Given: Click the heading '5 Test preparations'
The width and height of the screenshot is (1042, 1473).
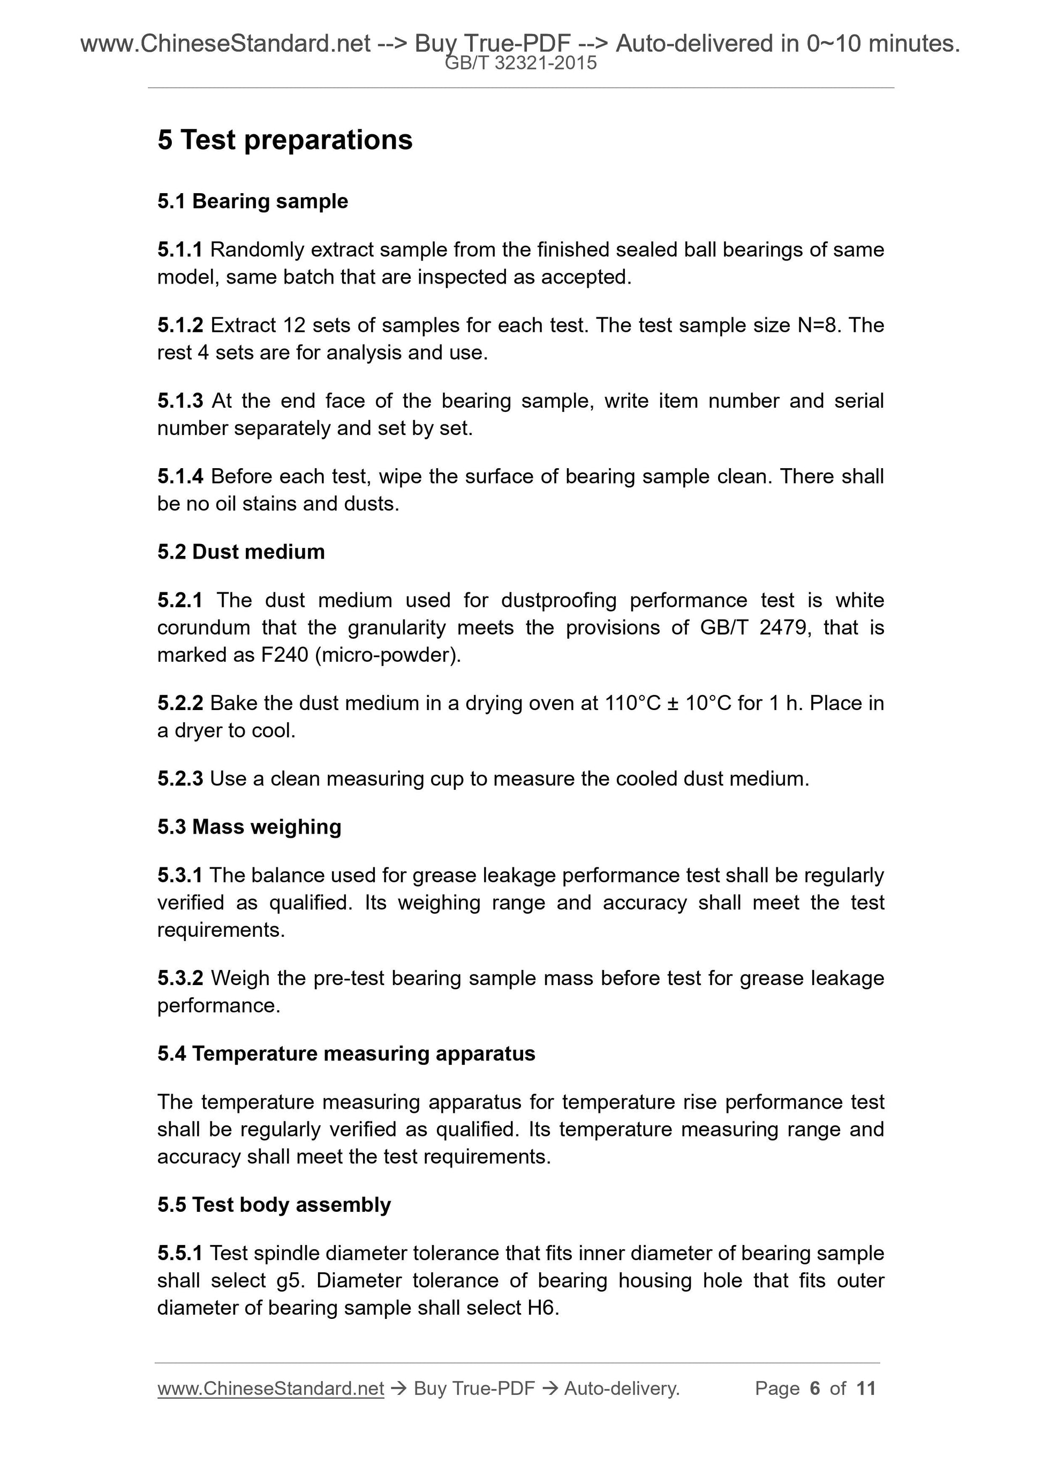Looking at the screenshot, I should [284, 140].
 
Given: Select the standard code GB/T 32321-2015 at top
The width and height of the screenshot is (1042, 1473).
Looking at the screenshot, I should [520, 63].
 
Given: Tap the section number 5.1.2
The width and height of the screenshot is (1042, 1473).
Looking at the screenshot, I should [180, 325].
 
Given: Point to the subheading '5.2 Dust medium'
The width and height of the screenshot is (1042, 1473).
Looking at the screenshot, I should [241, 552].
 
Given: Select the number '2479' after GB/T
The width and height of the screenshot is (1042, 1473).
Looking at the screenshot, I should [782, 628].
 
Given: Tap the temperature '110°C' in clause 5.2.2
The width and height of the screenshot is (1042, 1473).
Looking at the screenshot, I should [632, 703].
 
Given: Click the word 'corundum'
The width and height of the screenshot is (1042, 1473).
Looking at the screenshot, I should [203, 628].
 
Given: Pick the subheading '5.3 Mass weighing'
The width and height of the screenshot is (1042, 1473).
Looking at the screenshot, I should [249, 827].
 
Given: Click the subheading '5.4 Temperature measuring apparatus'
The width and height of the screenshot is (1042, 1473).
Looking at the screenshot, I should [346, 1054].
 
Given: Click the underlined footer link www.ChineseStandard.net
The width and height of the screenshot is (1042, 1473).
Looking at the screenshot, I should [270, 1388].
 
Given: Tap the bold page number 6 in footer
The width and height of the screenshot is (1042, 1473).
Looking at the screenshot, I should [815, 1388].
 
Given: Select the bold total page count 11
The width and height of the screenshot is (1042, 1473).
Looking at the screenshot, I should [865, 1388].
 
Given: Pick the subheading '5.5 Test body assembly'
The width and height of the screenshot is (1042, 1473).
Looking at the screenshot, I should [274, 1205].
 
